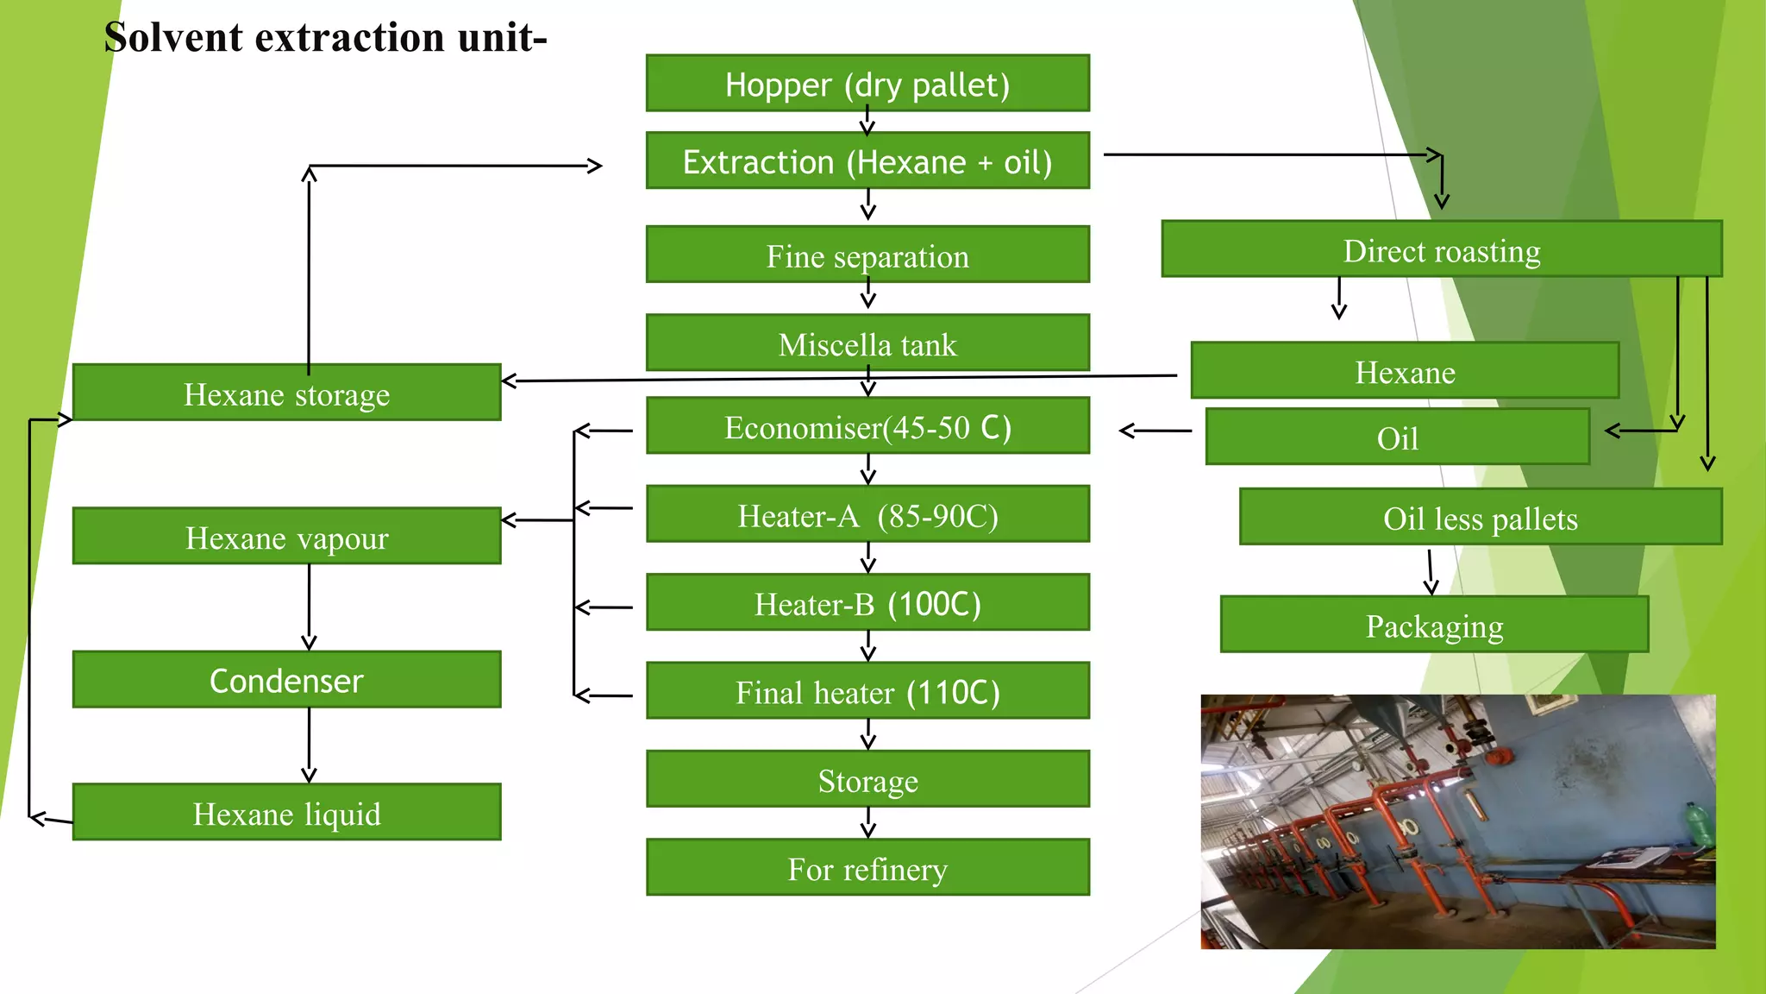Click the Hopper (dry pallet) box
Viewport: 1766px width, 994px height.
point(867,84)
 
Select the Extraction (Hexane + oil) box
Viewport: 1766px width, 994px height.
point(867,161)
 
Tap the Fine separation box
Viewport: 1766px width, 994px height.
point(867,255)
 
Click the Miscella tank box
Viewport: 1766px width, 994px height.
point(867,343)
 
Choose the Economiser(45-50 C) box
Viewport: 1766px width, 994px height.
point(867,426)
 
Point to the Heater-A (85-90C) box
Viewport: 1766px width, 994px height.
point(867,515)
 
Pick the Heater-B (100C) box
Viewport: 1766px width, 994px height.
point(867,603)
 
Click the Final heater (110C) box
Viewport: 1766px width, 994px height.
point(867,691)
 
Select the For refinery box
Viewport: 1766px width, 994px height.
point(867,868)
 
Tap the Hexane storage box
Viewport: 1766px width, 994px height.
point(286,393)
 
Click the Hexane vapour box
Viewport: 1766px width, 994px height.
point(286,537)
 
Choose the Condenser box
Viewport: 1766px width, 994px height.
point(286,680)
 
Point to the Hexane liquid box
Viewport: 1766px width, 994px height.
point(286,813)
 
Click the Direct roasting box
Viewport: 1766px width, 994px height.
point(1441,250)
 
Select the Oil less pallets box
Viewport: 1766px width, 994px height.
point(1480,518)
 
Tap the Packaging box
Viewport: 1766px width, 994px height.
point(1434,625)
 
